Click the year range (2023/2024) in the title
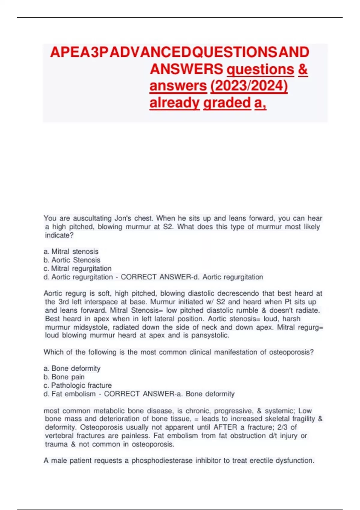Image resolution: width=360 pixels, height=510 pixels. [249, 86]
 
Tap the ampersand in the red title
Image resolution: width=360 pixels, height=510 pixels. [303, 69]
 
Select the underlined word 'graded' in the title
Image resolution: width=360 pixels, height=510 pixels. [227, 103]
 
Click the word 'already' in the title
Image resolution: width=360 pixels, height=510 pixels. [175, 103]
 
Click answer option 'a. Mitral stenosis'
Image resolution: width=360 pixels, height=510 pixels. [71, 251]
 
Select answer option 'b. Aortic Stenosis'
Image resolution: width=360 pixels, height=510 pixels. [72, 260]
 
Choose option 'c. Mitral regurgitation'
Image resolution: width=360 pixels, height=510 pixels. [77, 268]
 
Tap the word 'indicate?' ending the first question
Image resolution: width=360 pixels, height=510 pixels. [59, 235]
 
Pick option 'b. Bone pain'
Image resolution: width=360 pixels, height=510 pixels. [64, 377]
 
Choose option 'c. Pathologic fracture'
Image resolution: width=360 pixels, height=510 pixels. [78, 385]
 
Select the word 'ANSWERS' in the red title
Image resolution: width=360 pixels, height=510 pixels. [186, 69]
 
